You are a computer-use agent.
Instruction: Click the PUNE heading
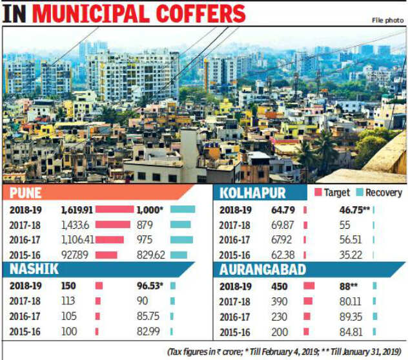pos(26,193)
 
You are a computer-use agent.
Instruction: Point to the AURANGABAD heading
pos(260,270)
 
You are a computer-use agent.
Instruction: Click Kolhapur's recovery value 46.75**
pos(354,209)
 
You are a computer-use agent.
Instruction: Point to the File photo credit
pos(387,20)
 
